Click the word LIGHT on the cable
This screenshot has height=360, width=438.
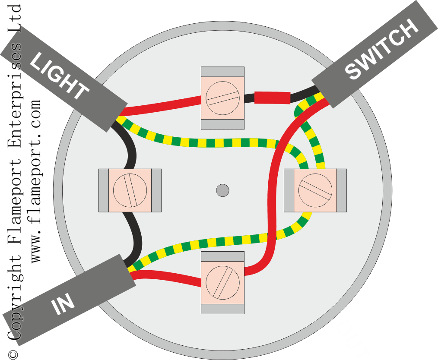pyautogui.click(x=59, y=76)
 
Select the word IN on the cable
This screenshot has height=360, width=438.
pyautogui.click(x=63, y=303)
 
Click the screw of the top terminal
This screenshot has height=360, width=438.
pyautogui.click(x=222, y=98)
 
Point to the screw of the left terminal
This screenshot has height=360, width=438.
pyautogui.click(x=130, y=190)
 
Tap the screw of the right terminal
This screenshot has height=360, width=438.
pyautogui.click(x=315, y=190)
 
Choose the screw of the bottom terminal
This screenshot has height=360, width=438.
pyautogui.click(x=222, y=283)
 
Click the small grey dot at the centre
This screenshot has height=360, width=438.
pyautogui.click(x=222, y=191)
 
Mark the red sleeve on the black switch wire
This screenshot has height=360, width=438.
pyautogui.click(x=273, y=98)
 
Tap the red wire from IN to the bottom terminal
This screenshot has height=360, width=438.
pyautogui.click(x=166, y=278)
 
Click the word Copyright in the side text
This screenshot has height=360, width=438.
pyautogui.click(x=14, y=297)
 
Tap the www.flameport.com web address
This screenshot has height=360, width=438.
pyautogui.click(x=36, y=181)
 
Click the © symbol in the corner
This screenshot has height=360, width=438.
pyautogui.click(x=13, y=354)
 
